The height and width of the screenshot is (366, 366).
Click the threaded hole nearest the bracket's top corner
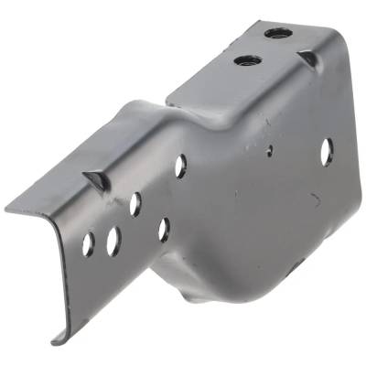(279, 34)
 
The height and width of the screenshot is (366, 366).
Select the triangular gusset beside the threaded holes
(308, 59)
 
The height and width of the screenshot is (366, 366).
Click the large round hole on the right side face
(327, 151)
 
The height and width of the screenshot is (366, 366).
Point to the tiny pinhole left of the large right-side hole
(269, 152)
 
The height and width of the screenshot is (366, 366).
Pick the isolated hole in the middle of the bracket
(180, 165)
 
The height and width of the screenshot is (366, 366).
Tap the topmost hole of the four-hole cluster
(135, 203)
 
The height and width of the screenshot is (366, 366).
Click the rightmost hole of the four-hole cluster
(164, 228)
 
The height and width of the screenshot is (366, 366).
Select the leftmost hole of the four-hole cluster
(88, 244)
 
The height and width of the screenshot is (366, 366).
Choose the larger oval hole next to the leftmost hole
(113, 241)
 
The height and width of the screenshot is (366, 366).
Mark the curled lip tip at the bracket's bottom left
(57, 339)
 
